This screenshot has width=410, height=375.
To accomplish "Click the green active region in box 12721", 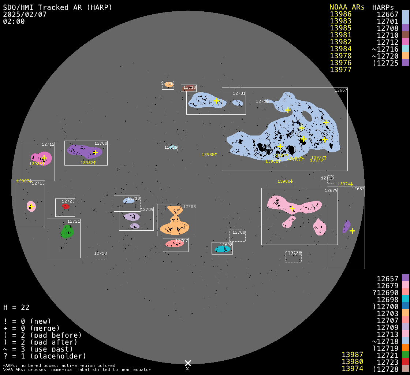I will (67, 232).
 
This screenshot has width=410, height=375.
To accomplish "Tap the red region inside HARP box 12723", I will (66, 207).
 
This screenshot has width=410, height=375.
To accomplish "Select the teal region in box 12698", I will (223, 249).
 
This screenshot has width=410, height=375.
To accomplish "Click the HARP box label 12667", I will (341, 90).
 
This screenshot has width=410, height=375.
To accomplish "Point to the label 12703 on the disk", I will (189, 207).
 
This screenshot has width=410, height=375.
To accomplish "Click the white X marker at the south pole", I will (188, 363).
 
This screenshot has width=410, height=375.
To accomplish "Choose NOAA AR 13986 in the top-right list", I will (340, 14).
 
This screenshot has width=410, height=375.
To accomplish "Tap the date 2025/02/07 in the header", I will (25, 14).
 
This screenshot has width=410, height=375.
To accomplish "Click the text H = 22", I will (16, 307).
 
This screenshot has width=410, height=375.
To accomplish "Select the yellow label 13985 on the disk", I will (209, 155).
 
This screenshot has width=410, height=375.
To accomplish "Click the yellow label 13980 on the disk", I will (285, 181).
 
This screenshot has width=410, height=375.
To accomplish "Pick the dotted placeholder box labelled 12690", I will (294, 257).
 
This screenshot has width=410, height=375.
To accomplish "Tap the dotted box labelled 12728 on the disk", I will (101, 256).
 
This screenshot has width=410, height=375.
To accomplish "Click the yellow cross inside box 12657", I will (352, 231).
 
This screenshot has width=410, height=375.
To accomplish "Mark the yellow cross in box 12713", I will (31, 207).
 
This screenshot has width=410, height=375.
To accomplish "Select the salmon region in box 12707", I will (174, 244).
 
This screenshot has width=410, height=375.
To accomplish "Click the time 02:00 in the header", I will (14, 21).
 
